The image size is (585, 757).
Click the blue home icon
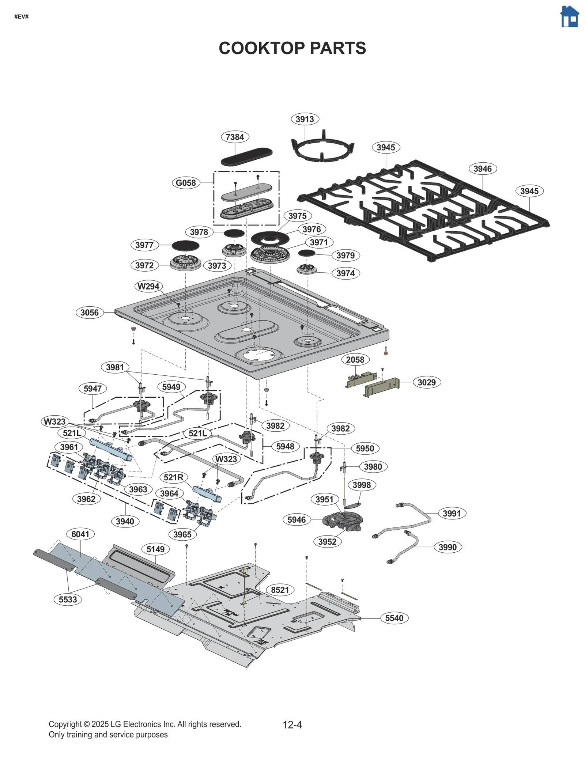point(569,17)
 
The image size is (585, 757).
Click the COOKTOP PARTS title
point(292,48)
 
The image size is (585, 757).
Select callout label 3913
point(305,119)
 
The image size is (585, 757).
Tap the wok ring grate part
point(322,150)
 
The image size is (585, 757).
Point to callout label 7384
point(235,137)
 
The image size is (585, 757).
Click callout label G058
point(186,183)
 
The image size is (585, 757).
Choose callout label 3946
point(482,169)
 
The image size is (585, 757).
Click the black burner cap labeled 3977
point(185,246)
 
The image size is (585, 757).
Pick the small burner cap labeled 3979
point(306,253)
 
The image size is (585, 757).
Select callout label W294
point(148,287)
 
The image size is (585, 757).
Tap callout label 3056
point(90,313)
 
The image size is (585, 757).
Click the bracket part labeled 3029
point(382,388)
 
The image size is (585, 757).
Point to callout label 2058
point(355,360)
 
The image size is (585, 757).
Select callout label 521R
point(173,477)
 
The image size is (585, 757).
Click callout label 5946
point(297,520)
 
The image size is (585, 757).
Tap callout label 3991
point(452,514)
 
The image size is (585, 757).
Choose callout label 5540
point(394,618)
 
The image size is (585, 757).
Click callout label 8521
point(280,590)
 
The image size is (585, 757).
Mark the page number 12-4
point(292,725)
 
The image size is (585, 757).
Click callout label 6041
point(80,534)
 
